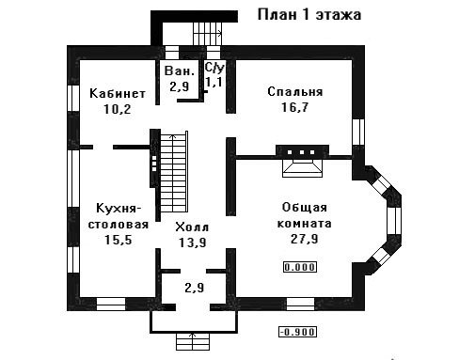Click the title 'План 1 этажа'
click(x=309, y=15)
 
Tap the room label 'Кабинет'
click(x=118, y=93)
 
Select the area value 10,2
click(x=118, y=109)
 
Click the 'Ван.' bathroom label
click(x=180, y=70)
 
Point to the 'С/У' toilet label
click(x=214, y=67)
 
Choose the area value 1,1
click(x=214, y=82)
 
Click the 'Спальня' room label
click(x=295, y=91)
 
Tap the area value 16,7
click(x=294, y=107)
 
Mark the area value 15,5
click(x=119, y=240)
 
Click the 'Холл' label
click(x=192, y=227)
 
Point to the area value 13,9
click(x=193, y=243)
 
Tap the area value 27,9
click(x=304, y=239)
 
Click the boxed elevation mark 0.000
click(x=300, y=267)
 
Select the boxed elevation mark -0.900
click(x=297, y=332)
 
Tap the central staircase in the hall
click(x=174, y=172)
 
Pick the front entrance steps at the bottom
click(x=193, y=341)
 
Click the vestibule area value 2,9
click(x=195, y=288)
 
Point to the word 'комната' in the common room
click(x=305, y=224)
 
